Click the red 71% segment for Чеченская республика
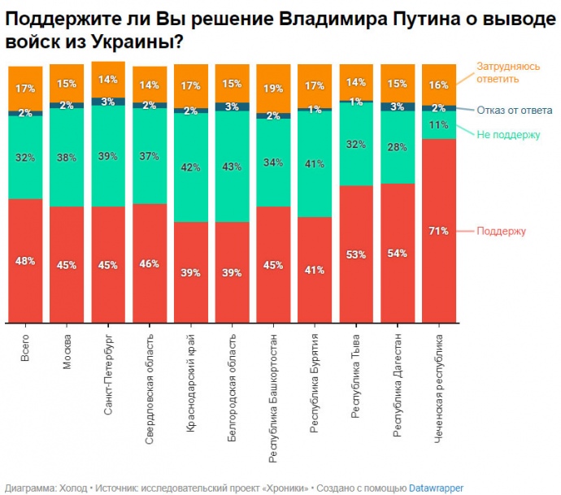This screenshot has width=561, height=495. point(440,231)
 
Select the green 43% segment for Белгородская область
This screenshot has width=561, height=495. point(233,167)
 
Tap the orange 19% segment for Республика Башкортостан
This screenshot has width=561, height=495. point(274,89)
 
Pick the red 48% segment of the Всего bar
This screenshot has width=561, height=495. point(25,260)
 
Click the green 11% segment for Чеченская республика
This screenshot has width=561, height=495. point(440,125)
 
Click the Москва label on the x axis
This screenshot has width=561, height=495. point(67,351)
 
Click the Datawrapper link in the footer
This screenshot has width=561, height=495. point(437,488)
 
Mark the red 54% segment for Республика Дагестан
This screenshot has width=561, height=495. point(398,253)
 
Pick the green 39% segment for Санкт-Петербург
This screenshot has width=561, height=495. point(108,156)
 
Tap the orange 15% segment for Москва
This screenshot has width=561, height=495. point(67,83)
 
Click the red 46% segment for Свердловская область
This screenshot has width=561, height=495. point(150,263)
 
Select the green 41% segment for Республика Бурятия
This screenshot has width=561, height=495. point(315,163)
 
